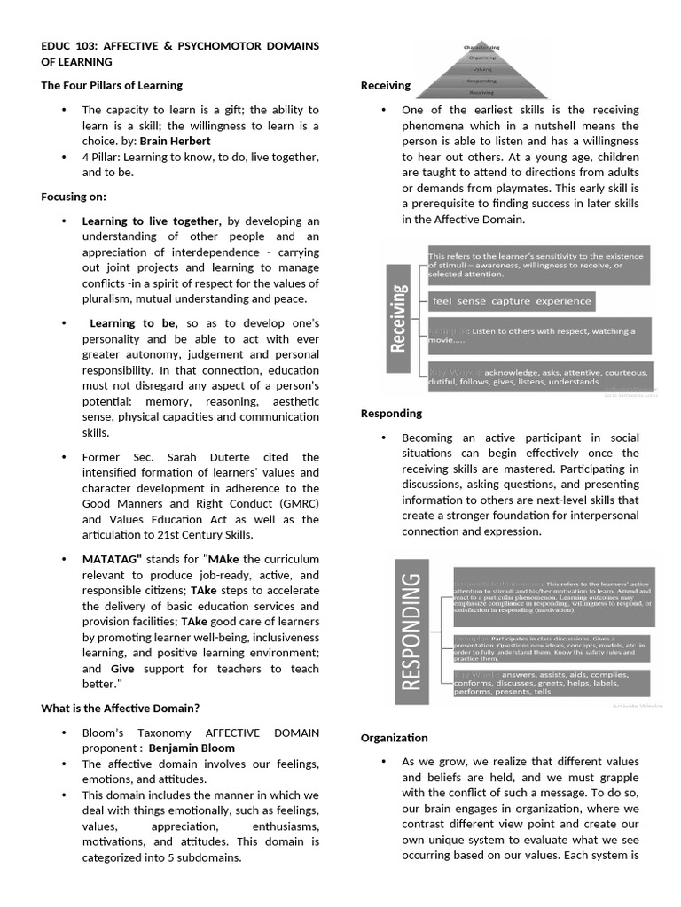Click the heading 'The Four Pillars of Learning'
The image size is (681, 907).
[112, 86]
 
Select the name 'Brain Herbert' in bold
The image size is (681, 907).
[176, 141]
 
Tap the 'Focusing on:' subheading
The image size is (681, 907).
[74, 197]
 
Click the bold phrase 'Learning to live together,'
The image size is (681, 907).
[152, 221]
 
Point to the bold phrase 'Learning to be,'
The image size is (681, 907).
[134, 323]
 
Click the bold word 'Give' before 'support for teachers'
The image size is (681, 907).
[122, 669]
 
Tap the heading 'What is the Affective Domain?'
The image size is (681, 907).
[120, 708]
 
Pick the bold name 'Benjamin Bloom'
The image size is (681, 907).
[192, 748]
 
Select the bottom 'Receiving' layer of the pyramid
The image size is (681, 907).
[481, 91]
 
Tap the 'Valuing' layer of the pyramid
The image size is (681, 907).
[481, 69]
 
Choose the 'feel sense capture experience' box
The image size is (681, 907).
[510, 301]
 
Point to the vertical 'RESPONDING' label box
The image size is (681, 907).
[411, 631]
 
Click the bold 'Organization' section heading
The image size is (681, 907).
[394, 738]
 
